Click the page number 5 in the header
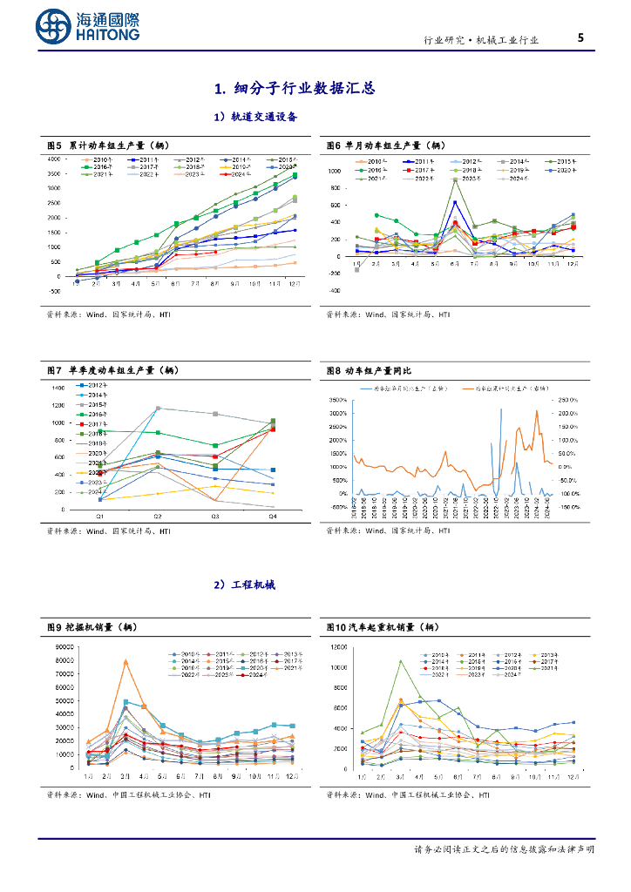tap(580, 37)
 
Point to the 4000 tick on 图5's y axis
tap(53, 159)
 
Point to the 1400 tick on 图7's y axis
tap(58, 388)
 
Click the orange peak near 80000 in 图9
tap(126, 661)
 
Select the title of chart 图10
tap(382, 626)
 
